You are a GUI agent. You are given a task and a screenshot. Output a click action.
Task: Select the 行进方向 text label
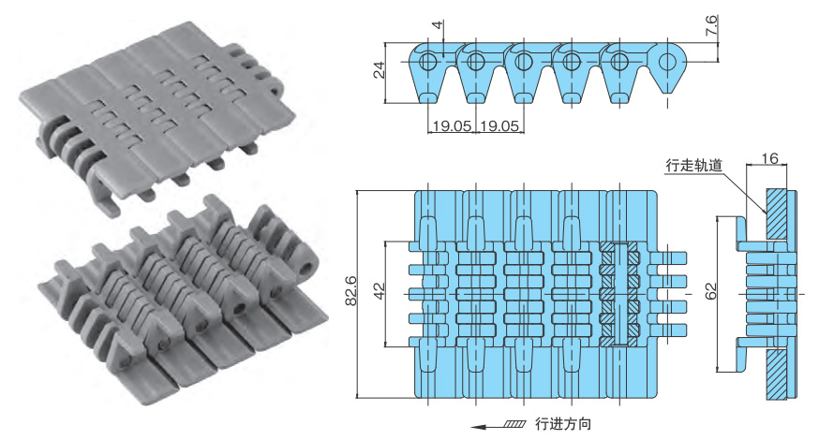pos(563,424)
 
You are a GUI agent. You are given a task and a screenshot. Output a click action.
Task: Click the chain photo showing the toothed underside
pos(173,300)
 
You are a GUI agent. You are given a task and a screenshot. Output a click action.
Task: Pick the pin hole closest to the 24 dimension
pos(428,63)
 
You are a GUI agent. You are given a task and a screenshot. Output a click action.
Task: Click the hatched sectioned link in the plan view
pos(620,293)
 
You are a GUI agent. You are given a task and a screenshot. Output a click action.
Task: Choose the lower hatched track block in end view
pos(777,374)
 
